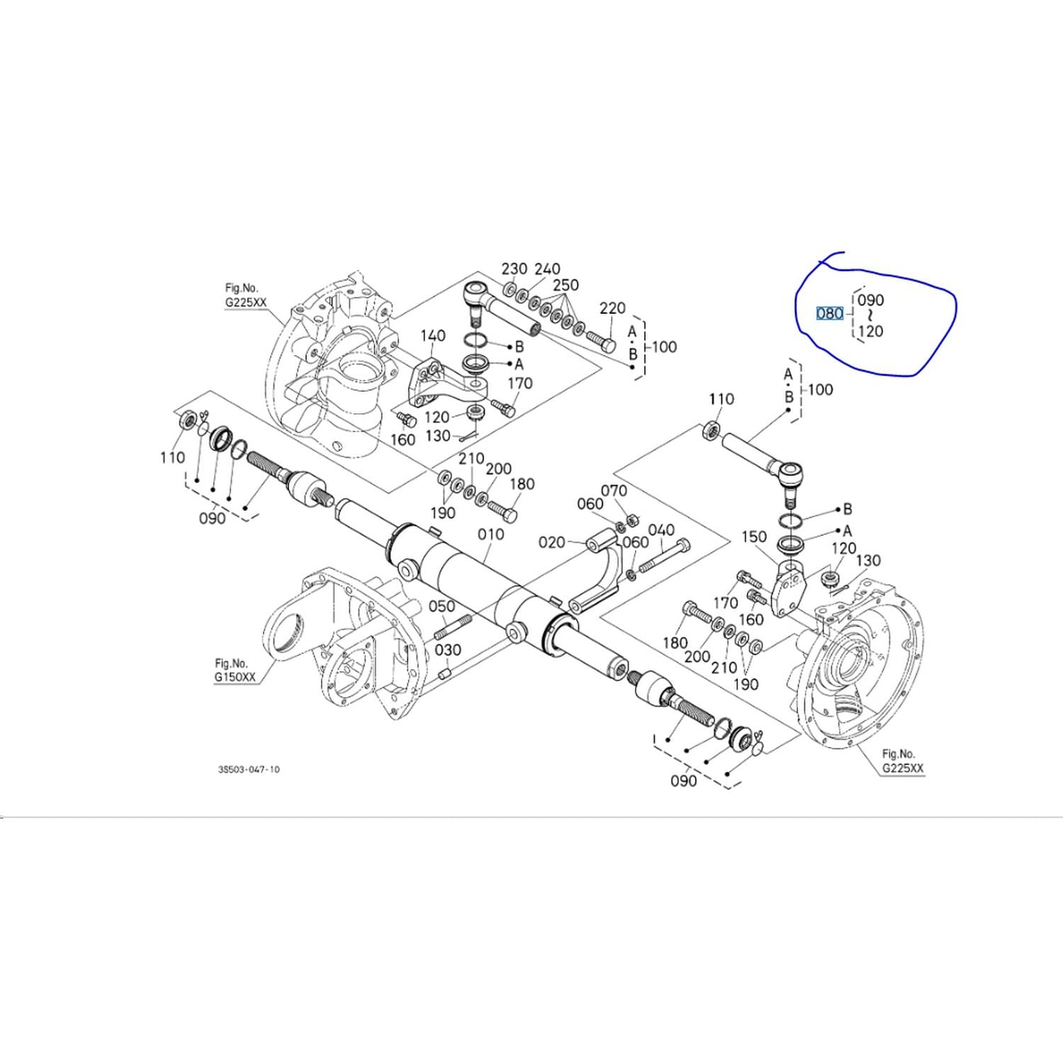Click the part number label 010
click(490, 534)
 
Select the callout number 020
click(552, 542)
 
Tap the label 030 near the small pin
click(448, 650)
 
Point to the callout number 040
click(661, 530)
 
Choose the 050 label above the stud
click(441, 607)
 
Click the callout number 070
click(614, 490)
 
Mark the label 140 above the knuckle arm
click(432, 335)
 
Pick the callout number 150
click(754, 536)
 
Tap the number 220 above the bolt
click(612, 308)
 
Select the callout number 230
click(514, 269)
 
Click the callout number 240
click(547, 269)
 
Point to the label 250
click(566, 285)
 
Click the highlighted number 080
click(829, 313)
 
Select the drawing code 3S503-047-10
click(249, 769)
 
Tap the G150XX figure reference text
click(235, 677)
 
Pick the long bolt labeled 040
click(664, 557)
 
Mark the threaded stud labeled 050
click(453, 628)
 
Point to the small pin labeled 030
click(445, 673)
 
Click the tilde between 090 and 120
click(870, 315)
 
